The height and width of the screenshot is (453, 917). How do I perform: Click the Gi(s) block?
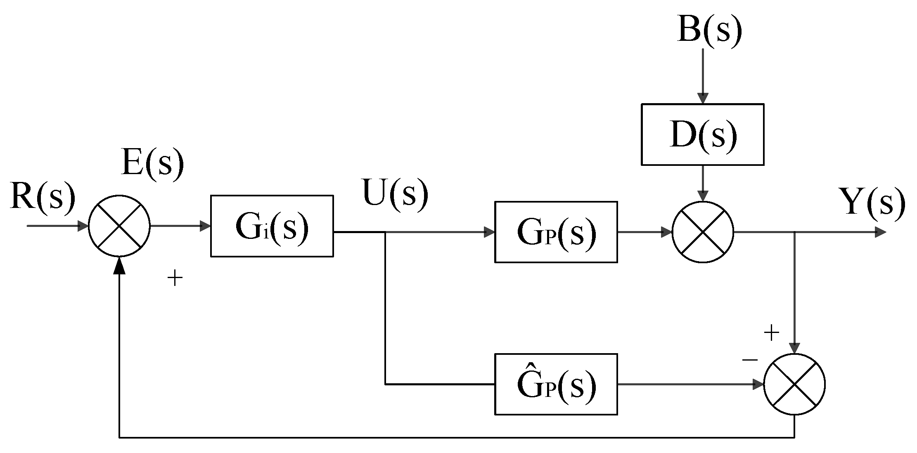[272, 226]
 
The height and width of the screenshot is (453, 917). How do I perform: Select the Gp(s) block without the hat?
[556, 232]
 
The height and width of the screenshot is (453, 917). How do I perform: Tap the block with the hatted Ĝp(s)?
[556, 384]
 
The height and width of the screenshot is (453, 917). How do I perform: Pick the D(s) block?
[702, 134]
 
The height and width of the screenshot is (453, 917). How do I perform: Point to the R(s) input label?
[43, 196]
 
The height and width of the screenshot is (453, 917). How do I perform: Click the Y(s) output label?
[872, 202]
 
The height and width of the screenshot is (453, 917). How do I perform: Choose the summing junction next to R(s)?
[119, 226]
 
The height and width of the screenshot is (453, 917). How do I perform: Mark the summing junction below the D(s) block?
[703, 232]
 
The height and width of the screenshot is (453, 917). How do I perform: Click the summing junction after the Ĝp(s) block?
[794, 384]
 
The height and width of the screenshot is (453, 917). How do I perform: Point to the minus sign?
[750, 360]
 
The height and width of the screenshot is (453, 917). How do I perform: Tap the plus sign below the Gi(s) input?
[175, 278]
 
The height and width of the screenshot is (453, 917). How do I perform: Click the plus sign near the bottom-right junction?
[771, 333]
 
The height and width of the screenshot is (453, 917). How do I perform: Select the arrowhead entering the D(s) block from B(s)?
[703, 99]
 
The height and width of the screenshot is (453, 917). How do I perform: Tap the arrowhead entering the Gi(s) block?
[205, 226]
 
